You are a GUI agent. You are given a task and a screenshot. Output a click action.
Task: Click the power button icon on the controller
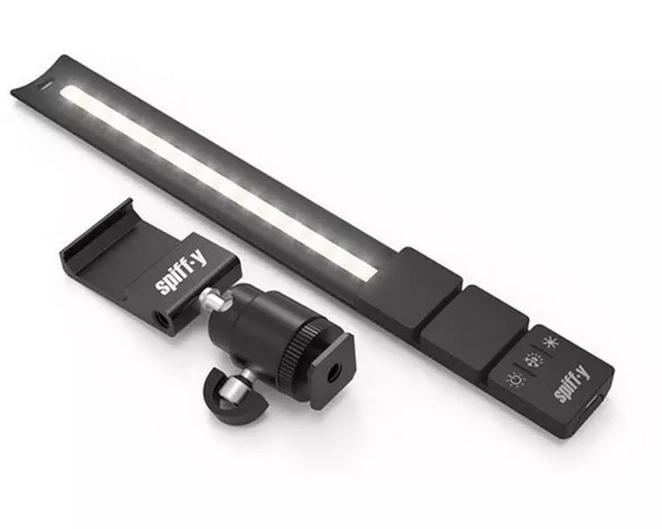(x=551, y=343)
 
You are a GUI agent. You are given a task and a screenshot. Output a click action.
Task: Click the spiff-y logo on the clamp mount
(x=175, y=278)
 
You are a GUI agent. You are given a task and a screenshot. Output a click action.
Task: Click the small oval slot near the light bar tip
(x=43, y=87)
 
